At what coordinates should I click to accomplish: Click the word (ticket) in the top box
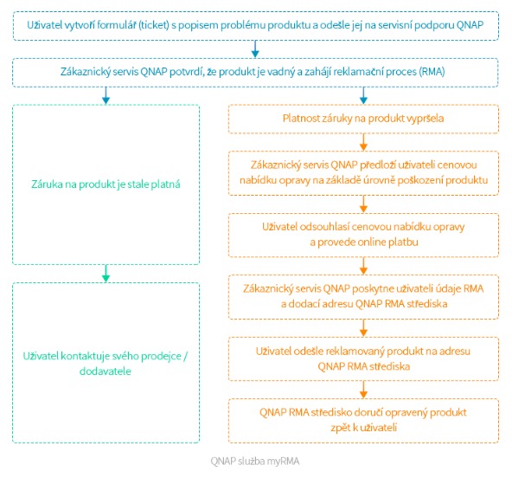pyautogui.click(x=154, y=25)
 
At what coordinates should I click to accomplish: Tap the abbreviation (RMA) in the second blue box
pyautogui.click(x=432, y=72)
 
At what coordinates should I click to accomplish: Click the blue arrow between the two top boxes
pyautogui.click(x=255, y=49)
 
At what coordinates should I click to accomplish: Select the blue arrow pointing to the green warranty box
pyautogui.click(x=106, y=95)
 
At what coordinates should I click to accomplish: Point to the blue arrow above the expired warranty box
pyautogui.click(x=363, y=95)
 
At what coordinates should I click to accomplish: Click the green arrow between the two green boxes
pyautogui.click(x=106, y=274)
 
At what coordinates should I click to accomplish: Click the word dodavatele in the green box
pyautogui.click(x=106, y=371)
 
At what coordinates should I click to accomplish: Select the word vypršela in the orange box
pyautogui.click(x=426, y=119)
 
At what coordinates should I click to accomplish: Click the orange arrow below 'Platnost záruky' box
pyautogui.click(x=363, y=142)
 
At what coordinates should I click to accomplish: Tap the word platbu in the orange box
pyautogui.click(x=403, y=242)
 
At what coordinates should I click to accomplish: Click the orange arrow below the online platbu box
pyautogui.click(x=363, y=266)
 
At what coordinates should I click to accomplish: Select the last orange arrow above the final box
pyautogui.click(x=363, y=390)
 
